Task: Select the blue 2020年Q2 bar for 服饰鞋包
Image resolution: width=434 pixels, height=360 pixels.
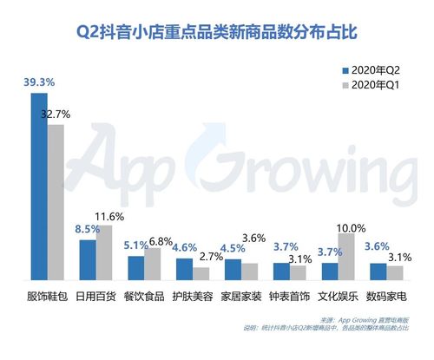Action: (38, 186)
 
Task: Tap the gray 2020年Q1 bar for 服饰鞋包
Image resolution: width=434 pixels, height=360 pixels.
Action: (56, 202)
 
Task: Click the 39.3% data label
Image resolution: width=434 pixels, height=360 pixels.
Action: (38, 82)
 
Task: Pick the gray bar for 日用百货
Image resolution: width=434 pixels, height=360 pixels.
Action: (104, 252)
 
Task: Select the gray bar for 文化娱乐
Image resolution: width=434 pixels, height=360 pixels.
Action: (346, 256)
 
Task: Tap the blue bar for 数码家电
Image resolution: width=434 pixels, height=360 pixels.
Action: (378, 271)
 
